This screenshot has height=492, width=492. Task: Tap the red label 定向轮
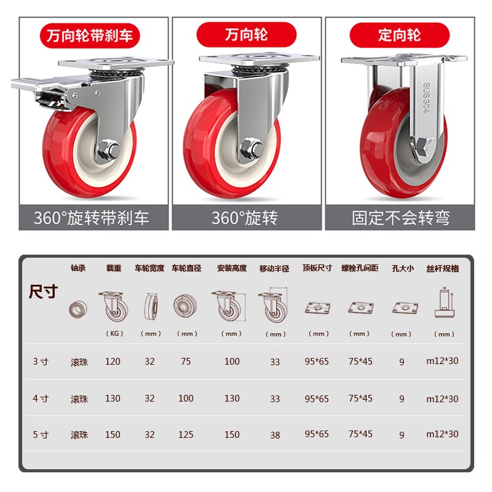[400, 35]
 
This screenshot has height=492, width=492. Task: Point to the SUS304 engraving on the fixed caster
[426, 98]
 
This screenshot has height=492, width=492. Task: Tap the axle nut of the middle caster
[250, 148]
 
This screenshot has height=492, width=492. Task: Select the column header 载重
[113, 269]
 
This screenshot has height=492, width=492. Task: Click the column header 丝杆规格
[443, 269]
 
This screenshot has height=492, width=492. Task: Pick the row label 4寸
[41, 399]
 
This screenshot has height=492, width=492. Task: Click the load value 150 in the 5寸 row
[113, 434]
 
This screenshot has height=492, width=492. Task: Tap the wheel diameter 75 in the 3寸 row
[186, 362]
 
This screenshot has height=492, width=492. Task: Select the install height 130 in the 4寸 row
[232, 399]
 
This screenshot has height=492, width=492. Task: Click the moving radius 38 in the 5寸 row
[275, 435]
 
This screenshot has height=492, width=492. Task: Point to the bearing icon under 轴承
[78, 309]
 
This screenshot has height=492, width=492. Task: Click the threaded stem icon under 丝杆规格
[443, 304]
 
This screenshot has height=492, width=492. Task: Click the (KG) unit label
[113, 334]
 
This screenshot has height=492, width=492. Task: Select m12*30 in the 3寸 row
[443, 362]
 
